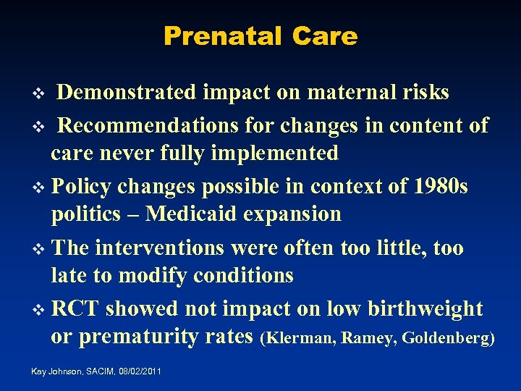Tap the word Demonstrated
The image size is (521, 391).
(x=127, y=93)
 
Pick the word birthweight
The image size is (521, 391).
(x=424, y=309)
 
